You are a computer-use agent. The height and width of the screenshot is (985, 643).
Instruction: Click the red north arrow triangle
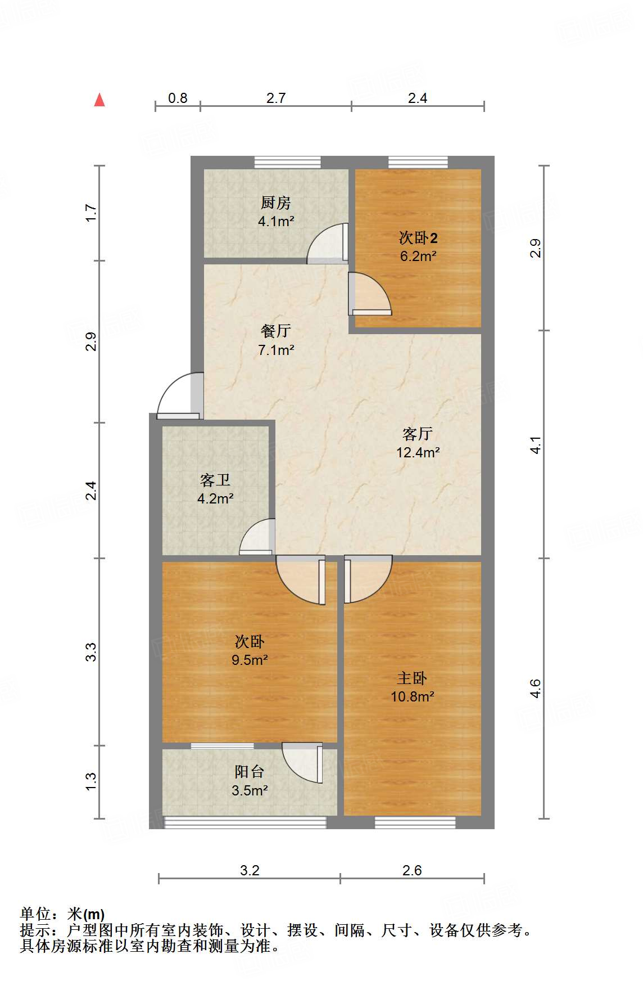99,100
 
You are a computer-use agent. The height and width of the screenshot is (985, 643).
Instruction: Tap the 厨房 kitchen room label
276,203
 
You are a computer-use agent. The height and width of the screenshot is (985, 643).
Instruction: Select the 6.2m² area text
418,257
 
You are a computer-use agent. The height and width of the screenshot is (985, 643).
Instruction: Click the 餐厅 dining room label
276,331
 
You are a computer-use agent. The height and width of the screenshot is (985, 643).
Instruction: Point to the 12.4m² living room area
418,452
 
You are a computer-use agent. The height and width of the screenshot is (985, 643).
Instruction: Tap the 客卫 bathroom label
215,480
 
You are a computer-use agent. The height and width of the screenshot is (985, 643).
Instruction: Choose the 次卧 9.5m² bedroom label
250,642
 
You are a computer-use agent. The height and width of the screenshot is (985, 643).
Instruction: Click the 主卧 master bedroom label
412,678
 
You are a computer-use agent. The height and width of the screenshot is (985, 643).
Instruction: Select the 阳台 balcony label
249,772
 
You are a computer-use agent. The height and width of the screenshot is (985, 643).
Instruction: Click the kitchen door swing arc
326,242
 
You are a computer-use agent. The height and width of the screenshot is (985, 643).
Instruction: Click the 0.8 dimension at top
178,98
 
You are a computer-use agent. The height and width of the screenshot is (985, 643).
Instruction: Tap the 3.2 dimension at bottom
250,871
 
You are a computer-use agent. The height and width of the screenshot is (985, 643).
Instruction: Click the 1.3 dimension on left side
91,781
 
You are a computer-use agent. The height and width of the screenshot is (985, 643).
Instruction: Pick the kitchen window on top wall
287,163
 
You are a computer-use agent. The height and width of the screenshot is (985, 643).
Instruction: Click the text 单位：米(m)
62,914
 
